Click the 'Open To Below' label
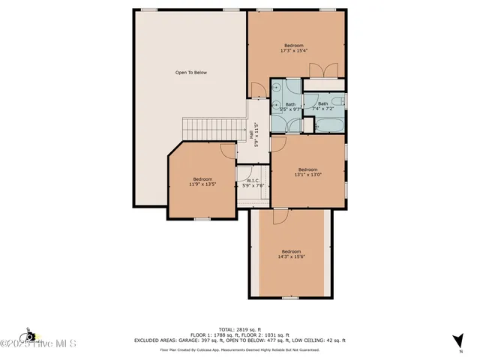[x=190, y=73]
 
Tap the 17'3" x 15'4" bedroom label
[x=296, y=48]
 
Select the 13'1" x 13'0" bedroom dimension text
[x=309, y=175]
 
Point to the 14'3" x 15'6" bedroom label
[x=291, y=254]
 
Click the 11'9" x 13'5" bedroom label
[x=202, y=182]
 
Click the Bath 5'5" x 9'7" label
[x=289, y=107]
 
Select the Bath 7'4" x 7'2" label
[x=322, y=106]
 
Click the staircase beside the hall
[x=214, y=128]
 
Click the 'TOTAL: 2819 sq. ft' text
[x=240, y=329]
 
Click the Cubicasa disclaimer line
[x=240, y=349]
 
